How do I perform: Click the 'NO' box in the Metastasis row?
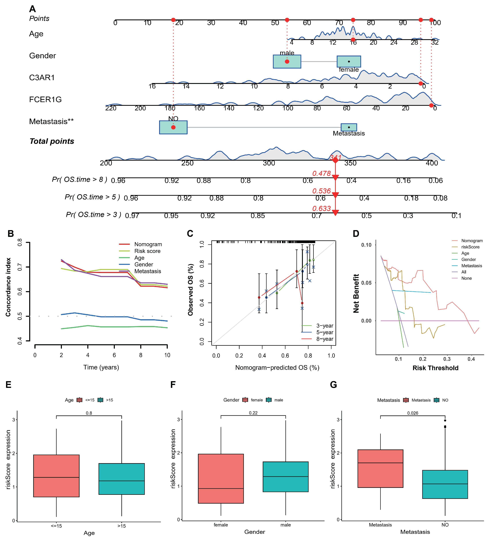173,127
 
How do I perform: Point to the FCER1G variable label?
45,100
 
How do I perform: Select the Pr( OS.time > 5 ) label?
92,197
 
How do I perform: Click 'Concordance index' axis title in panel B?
8,287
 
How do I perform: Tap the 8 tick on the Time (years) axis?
141,355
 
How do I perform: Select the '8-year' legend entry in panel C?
325,339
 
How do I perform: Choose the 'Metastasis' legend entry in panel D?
471,266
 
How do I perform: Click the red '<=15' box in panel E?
56,476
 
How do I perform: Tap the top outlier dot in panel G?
445,421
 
